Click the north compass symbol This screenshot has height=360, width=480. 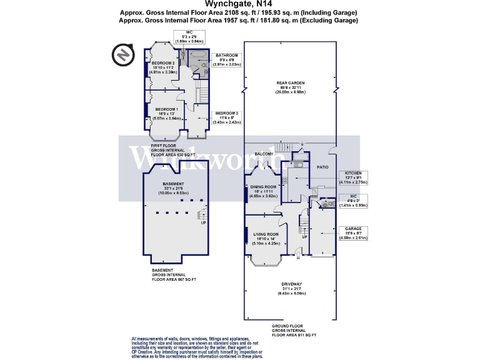coord(123,55)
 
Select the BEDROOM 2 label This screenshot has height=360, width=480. coord(163,64)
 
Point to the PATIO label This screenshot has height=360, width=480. coord(322,167)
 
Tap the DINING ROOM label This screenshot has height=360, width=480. coord(263,187)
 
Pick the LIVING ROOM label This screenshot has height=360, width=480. coord(264,234)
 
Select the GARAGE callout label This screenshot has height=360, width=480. coord(353,229)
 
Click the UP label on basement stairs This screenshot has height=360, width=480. coord(203,222)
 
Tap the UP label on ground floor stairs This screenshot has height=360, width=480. coord(304,237)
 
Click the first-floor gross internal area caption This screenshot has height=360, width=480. coord(172,151)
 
